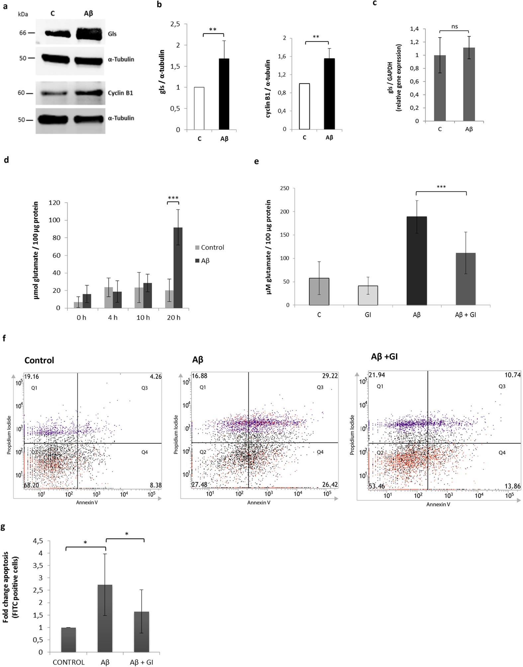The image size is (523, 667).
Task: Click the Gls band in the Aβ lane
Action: coord(89,34)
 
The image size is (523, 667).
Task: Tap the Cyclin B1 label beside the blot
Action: coord(120,93)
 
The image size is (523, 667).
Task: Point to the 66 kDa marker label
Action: coord(23,33)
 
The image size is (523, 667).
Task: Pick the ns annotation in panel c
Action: coord(454,27)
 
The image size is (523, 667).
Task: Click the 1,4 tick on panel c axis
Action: coord(414,29)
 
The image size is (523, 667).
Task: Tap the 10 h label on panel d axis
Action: coord(143,318)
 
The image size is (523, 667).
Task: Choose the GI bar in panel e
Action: coord(368,295)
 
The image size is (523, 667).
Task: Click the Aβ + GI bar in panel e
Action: coord(465,279)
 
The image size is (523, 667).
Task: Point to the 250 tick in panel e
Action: coord(285,188)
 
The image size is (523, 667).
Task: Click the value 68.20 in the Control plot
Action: coord(32,485)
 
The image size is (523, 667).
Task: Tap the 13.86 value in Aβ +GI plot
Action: coord(512,486)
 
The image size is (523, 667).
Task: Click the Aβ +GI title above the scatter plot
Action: coord(384,357)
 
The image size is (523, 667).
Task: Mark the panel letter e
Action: coord(256,162)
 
